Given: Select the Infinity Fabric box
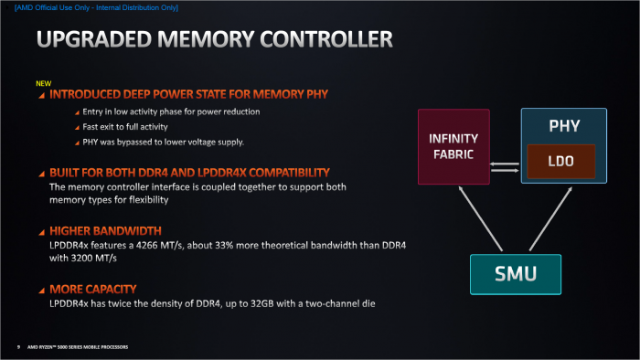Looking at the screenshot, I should pyautogui.click(x=453, y=146).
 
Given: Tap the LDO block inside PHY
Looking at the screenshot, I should pyautogui.click(x=560, y=160).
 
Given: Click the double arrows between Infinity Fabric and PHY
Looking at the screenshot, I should pyautogui.click(x=505, y=165).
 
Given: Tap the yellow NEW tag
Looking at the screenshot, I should pyautogui.click(x=43, y=83).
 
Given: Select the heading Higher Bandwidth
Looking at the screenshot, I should pyautogui.click(x=105, y=231).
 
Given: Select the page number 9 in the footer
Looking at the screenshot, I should pyautogui.click(x=18, y=347).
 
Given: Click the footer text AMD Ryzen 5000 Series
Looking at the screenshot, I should pyautogui.click(x=78, y=347).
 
